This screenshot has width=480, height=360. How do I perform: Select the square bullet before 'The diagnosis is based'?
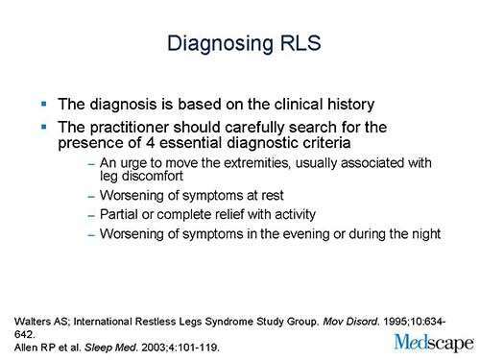pyautogui.click(x=43, y=101)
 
